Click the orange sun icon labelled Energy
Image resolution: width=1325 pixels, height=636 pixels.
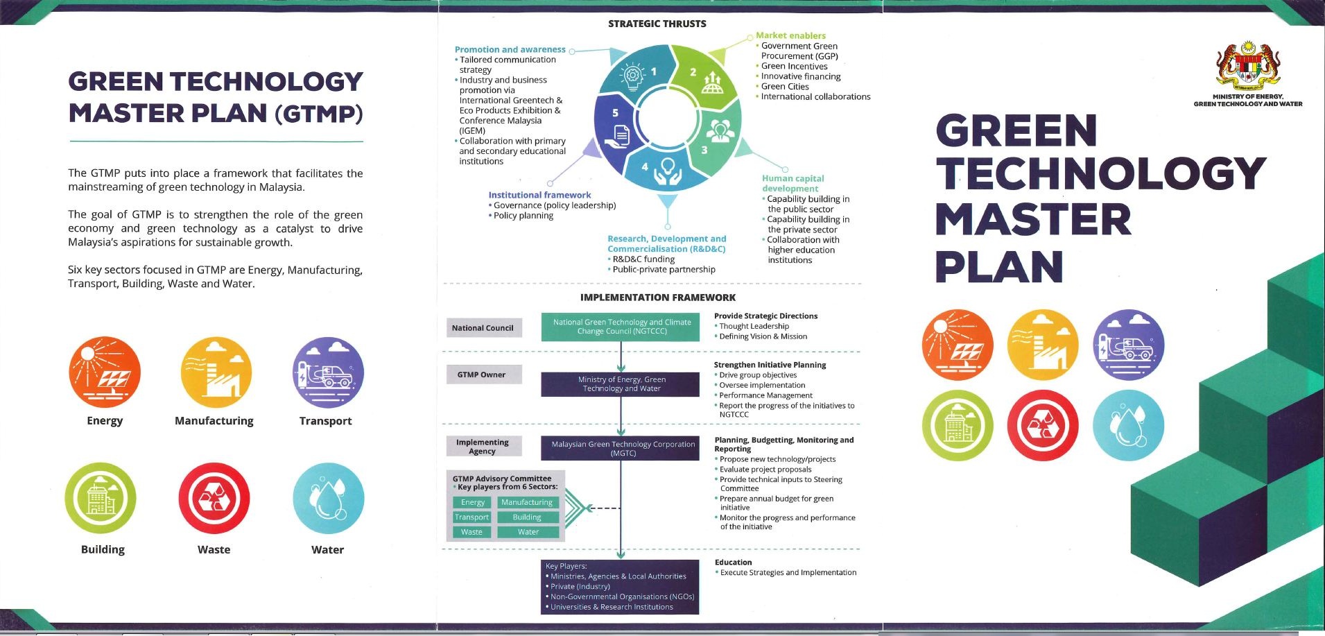point(105,372)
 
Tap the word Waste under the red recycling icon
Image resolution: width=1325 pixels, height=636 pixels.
point(214,549)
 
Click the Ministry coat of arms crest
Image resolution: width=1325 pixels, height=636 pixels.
point(1248,67)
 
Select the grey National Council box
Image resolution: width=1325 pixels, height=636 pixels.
point(483,328)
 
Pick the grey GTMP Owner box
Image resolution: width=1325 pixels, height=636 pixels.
point(482,375)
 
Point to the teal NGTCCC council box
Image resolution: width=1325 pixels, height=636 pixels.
point(621,327)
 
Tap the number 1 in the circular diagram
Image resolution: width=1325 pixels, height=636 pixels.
point(653,71)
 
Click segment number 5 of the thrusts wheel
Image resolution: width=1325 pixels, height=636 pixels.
point(615,113)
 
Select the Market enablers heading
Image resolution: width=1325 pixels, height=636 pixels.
point(790,35)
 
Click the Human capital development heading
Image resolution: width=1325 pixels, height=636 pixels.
point(793,183)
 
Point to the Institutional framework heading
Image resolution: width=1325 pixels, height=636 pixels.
point(539,195)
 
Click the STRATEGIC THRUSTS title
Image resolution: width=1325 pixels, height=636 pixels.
point(657,24)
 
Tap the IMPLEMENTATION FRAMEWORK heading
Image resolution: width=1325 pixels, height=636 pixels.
point(657,298)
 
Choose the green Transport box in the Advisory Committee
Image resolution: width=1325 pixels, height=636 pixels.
point(471,517)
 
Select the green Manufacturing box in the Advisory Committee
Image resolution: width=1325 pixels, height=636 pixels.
point(527,502)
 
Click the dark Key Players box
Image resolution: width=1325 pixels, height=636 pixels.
point(620,587)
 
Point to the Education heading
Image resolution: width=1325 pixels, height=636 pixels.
point(733,562)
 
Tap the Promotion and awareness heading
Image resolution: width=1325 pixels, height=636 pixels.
point(510,49)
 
